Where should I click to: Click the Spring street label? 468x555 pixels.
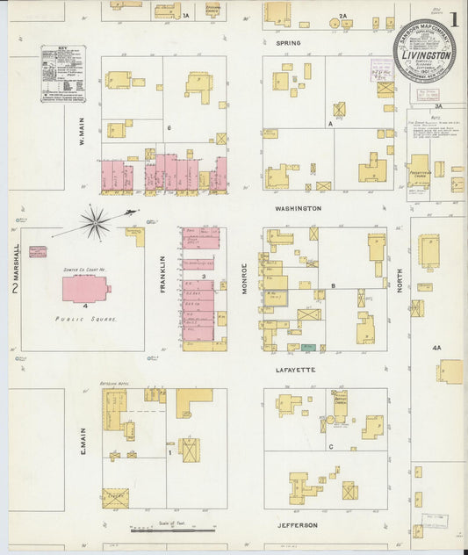[288, 42]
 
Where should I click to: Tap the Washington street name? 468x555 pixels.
[298, 208]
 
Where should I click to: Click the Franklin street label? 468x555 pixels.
[162, 273]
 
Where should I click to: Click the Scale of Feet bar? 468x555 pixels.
[173, 530]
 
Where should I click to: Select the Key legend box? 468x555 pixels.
[63, 75]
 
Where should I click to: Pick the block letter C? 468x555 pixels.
[331, 447]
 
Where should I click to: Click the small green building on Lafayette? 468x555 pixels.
[309, 349]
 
